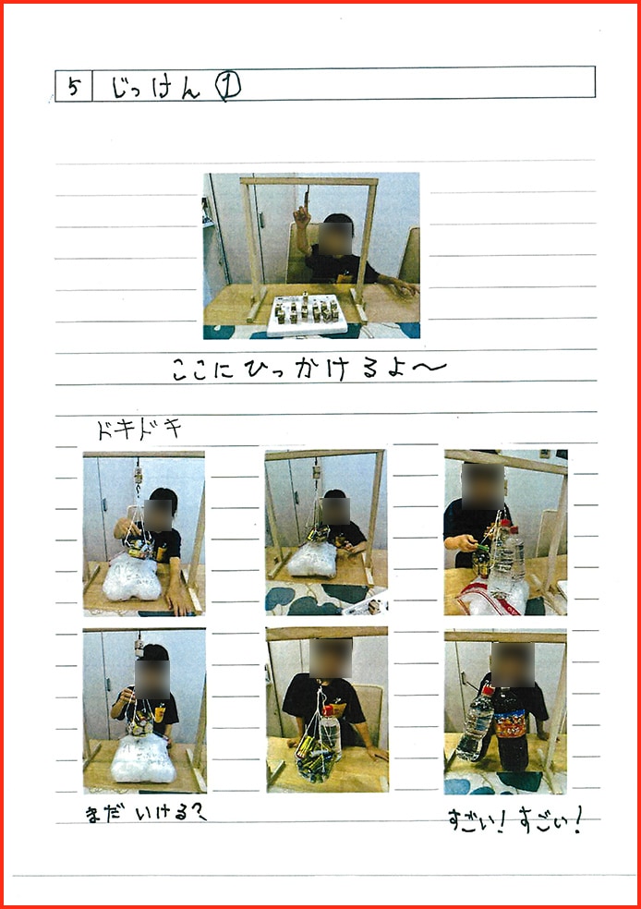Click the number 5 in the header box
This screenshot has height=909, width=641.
73,86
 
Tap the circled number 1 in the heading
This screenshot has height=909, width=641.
227,86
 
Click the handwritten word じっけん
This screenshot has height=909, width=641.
154,88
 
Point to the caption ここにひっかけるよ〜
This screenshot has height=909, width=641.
308,370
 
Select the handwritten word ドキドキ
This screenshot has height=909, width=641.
139,430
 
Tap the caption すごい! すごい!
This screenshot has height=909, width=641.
513,818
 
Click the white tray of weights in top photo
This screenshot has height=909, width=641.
307,314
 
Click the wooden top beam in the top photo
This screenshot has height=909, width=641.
309,182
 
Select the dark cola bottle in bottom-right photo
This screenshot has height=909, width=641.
511,730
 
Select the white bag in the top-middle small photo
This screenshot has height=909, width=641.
312,560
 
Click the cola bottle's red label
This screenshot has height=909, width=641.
510,722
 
